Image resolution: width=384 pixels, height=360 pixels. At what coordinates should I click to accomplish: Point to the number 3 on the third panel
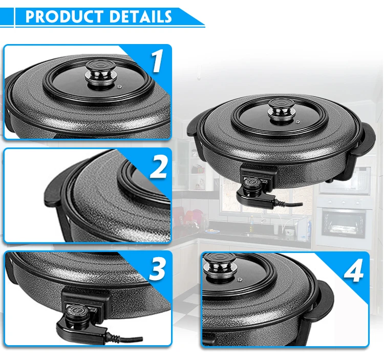(157, 269)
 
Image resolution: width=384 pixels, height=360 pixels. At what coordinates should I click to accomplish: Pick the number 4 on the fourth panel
(353, 271)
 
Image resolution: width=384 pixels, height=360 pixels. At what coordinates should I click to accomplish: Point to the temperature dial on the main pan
(251, 182)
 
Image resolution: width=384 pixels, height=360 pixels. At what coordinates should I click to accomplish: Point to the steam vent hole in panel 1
(120, 87)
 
